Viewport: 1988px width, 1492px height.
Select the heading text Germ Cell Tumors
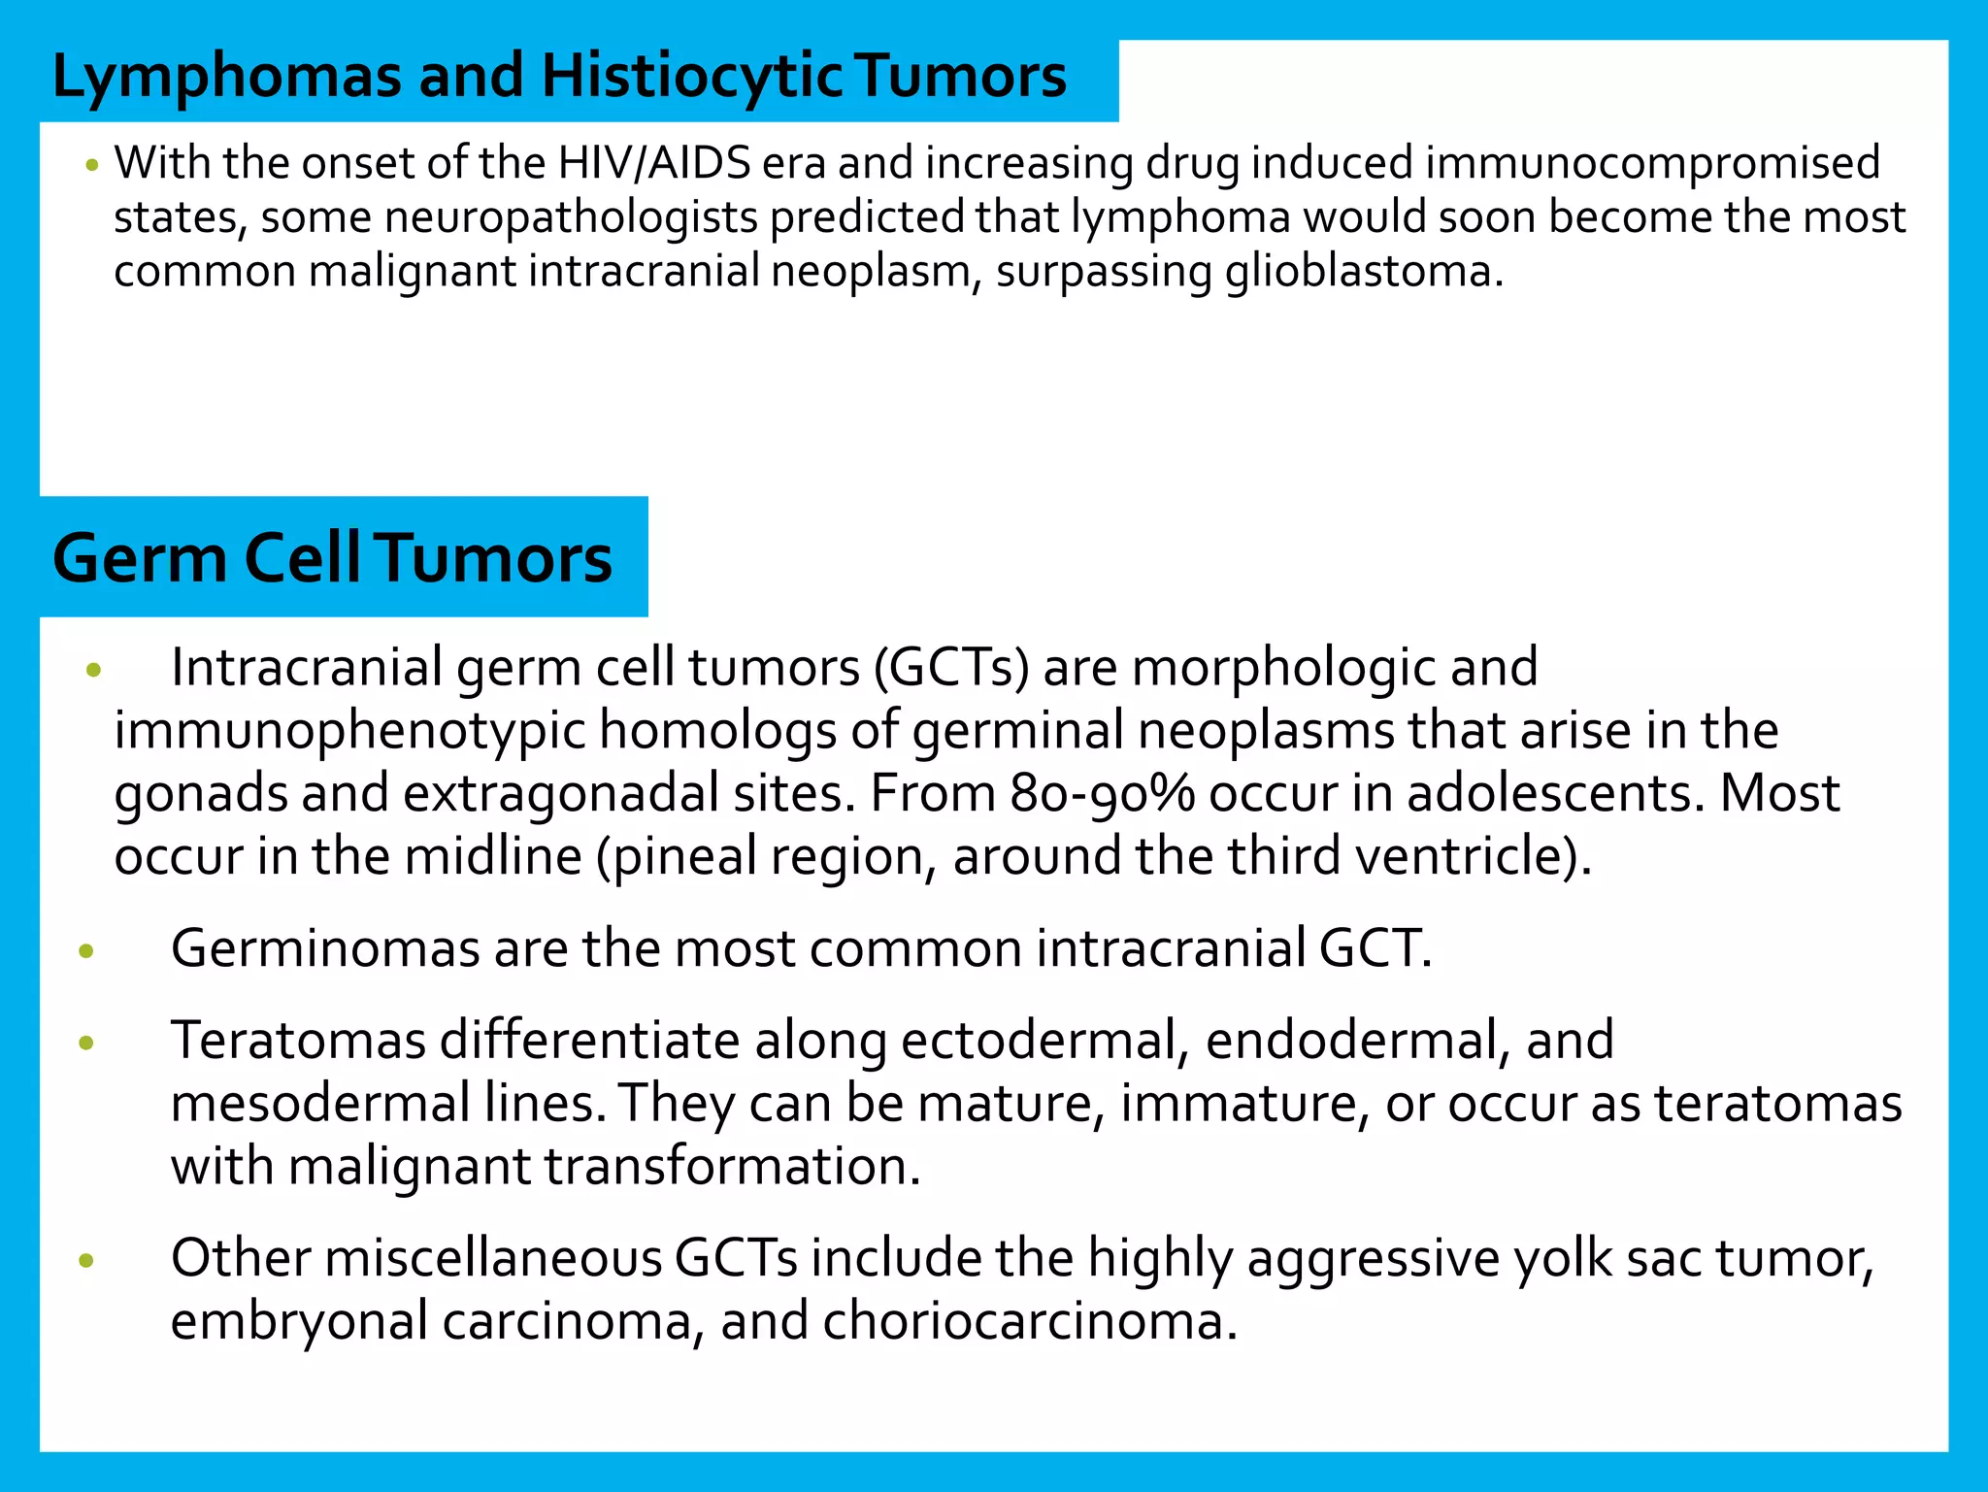click(332, 559)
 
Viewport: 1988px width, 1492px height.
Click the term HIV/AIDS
click(654, 163)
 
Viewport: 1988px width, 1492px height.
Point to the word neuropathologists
click(571, 217)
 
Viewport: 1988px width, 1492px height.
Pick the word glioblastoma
click(1357, 272)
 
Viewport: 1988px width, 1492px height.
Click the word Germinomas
click(325, 948)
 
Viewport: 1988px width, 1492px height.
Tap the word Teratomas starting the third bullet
click(298, 1041)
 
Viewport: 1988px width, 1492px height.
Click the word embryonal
click(299, 1322)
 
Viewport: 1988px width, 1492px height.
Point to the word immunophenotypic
click(349, 731)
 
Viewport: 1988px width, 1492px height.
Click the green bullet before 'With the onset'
click(92, 166)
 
